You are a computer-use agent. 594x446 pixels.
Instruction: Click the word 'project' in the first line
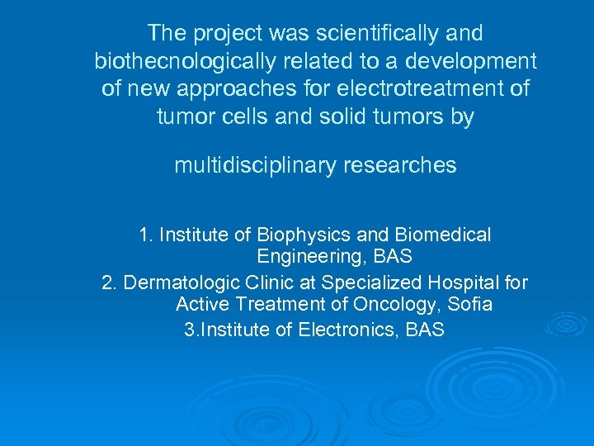pos(221,34)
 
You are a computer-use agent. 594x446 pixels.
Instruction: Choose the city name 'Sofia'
pos(470,305)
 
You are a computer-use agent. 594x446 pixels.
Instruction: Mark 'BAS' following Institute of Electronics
pos(425,330)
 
